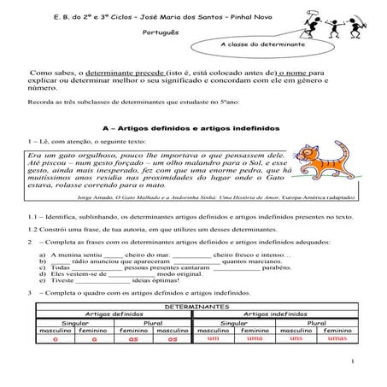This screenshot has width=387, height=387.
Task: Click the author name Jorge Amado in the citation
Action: point(94,196)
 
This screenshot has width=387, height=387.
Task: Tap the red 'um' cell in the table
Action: point(213,339)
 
